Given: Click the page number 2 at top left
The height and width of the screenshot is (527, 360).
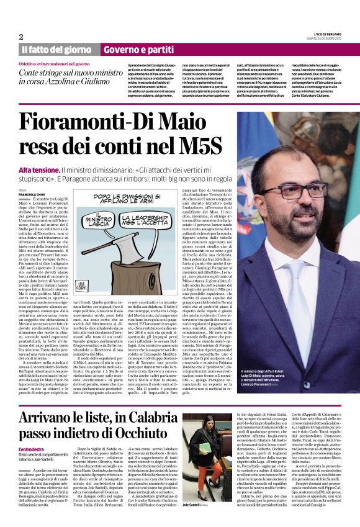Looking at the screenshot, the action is click(x=21, y=37).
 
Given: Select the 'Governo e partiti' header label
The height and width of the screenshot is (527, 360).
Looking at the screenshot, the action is click(x=138, y=49).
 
